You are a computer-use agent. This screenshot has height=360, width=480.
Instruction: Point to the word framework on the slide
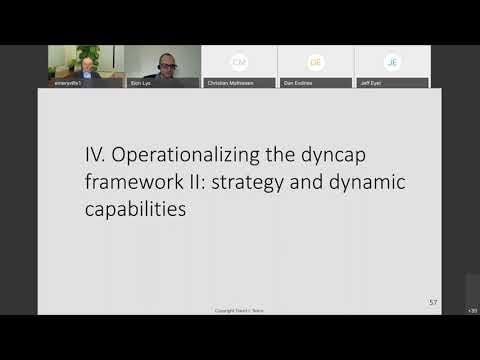(x=131, y=183)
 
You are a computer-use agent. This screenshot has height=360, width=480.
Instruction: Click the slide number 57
(x=433, y=301)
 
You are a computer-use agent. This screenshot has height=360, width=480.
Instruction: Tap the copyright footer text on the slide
(x=240, y=310)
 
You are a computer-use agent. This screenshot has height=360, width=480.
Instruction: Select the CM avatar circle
(x=239, y=62)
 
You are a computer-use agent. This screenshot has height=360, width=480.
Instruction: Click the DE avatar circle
(x=316, y=62)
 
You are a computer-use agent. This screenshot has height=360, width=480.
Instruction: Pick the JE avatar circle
(x=393, y=62)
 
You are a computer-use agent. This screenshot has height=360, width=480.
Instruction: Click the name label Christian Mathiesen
(x=231, y=83)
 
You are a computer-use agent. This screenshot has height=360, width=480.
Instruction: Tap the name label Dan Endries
(x=299, y=83)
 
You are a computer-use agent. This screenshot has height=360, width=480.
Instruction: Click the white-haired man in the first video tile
(x=87, y=67)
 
